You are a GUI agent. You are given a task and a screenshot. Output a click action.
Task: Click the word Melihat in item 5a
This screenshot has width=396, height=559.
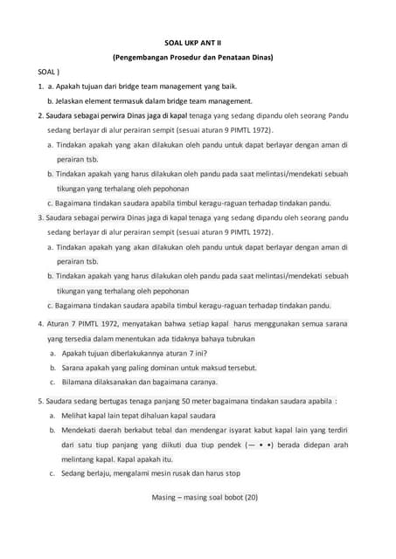[x=76, y=416]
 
